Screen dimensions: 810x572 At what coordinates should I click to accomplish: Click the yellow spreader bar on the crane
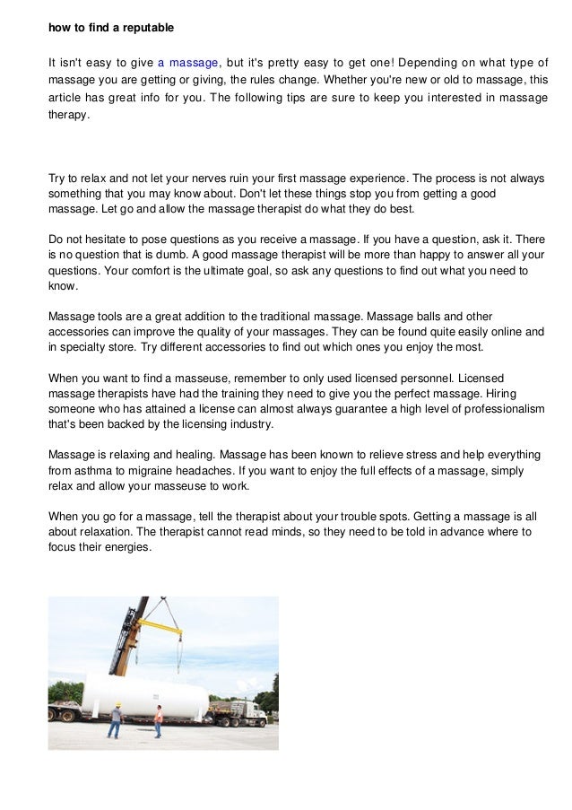pyautogui.click(x=158, y=625)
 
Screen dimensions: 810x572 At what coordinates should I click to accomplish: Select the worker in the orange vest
pyautogui.click(x=159, y=719)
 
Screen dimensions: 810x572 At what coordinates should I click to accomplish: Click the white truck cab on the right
pyautogui.click(x=247, y=711)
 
